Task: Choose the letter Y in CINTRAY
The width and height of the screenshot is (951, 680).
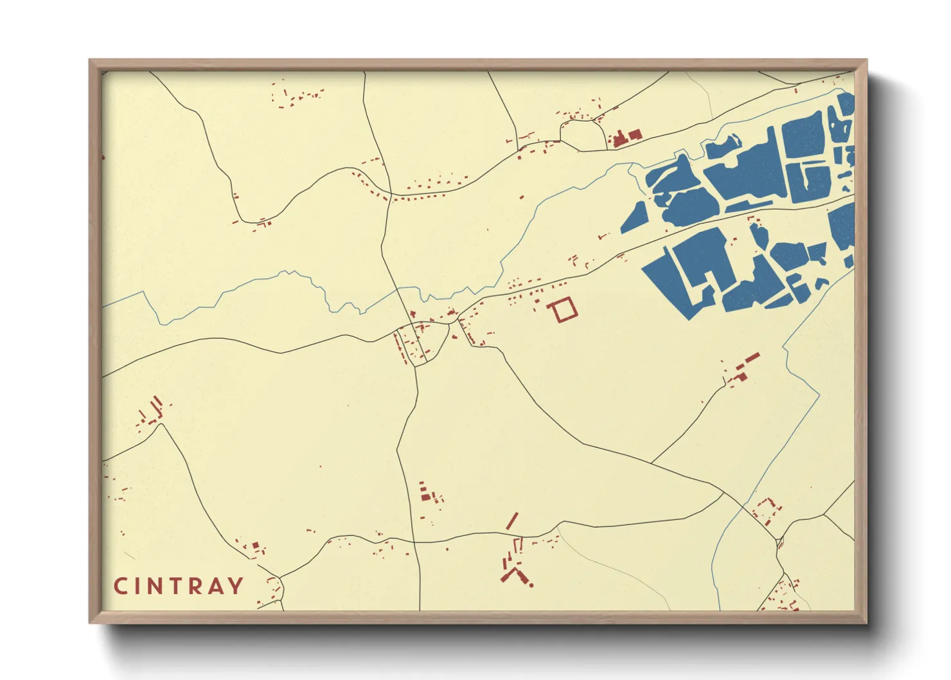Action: pyautogui.click(x=237, y=586)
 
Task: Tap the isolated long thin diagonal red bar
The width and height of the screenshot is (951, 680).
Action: pyautogui.click(x=512, y=521)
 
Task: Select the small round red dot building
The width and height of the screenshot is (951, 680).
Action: pyautogui.click(x=531, y=585)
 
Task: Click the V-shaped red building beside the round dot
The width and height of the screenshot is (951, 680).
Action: pyautogui.click(x=514, y=574)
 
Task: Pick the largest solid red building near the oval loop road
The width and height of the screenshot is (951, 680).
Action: pyautogui.click(x=621, y=139)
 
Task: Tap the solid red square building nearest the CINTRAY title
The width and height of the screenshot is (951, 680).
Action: pyautogui.click(x=255, y=546)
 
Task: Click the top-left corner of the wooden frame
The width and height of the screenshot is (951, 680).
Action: pyautogui.click(x=90, y=60)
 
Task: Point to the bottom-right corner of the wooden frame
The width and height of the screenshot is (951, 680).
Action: pyautogui.click(x=866, y=622)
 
